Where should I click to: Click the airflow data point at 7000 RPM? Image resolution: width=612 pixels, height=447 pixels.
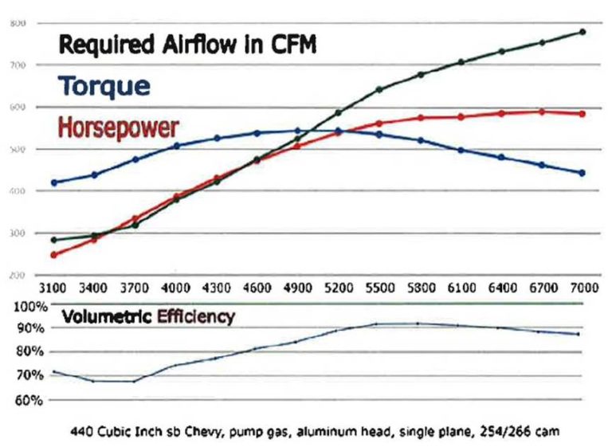(x=583, y=32)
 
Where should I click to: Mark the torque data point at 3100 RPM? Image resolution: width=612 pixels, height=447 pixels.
(x=54, y=182)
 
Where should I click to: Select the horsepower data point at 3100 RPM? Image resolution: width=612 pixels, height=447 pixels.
(x=54, y=255)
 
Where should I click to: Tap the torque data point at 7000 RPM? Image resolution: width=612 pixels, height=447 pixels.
(x=583, y=173)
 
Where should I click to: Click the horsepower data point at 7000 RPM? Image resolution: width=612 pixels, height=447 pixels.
(x=583, y=114)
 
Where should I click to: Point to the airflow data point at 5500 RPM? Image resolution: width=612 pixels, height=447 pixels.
(x=379, y=89)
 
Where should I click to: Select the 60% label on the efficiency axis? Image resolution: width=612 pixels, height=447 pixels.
(x=29, y=399)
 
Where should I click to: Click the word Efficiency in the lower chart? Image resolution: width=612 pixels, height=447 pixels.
(x=196, y=317)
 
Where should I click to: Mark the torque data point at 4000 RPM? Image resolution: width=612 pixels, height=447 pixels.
(x=176, y=146)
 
